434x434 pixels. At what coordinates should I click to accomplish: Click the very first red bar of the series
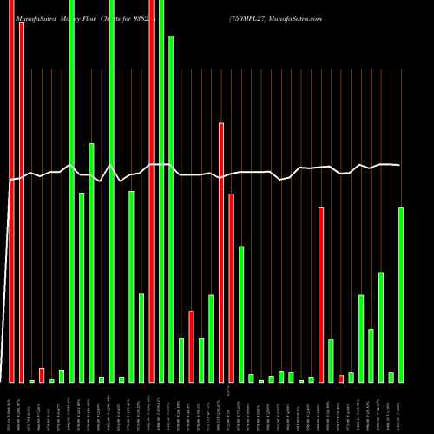pyautogui.click(x=11, y=191)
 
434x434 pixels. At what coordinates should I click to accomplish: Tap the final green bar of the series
pyautogui.click(x=401, y=295)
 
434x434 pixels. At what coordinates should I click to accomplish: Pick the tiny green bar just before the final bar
pyautogui.click(x=391, y=378)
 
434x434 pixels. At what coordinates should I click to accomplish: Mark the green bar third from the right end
pyautogui.click(x=381, y=327)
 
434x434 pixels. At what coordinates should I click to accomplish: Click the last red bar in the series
pyautogui.click(x=341, y=378)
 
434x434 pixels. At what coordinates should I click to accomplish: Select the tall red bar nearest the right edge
pyautogui.click(x=321, y=295)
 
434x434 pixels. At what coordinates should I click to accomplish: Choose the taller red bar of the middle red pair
pyautogui.click(x=221, y=253)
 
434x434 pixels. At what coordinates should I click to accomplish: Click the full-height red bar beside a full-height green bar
pyautogui.click(x=151, y=191)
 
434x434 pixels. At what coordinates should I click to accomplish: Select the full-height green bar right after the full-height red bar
pyautogui.click(x=161, y=191)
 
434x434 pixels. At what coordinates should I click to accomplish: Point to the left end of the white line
pyautogui.click(x=10, y=180)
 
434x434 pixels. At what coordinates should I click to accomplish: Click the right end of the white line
pyautogui.click(x=399, y=165)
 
